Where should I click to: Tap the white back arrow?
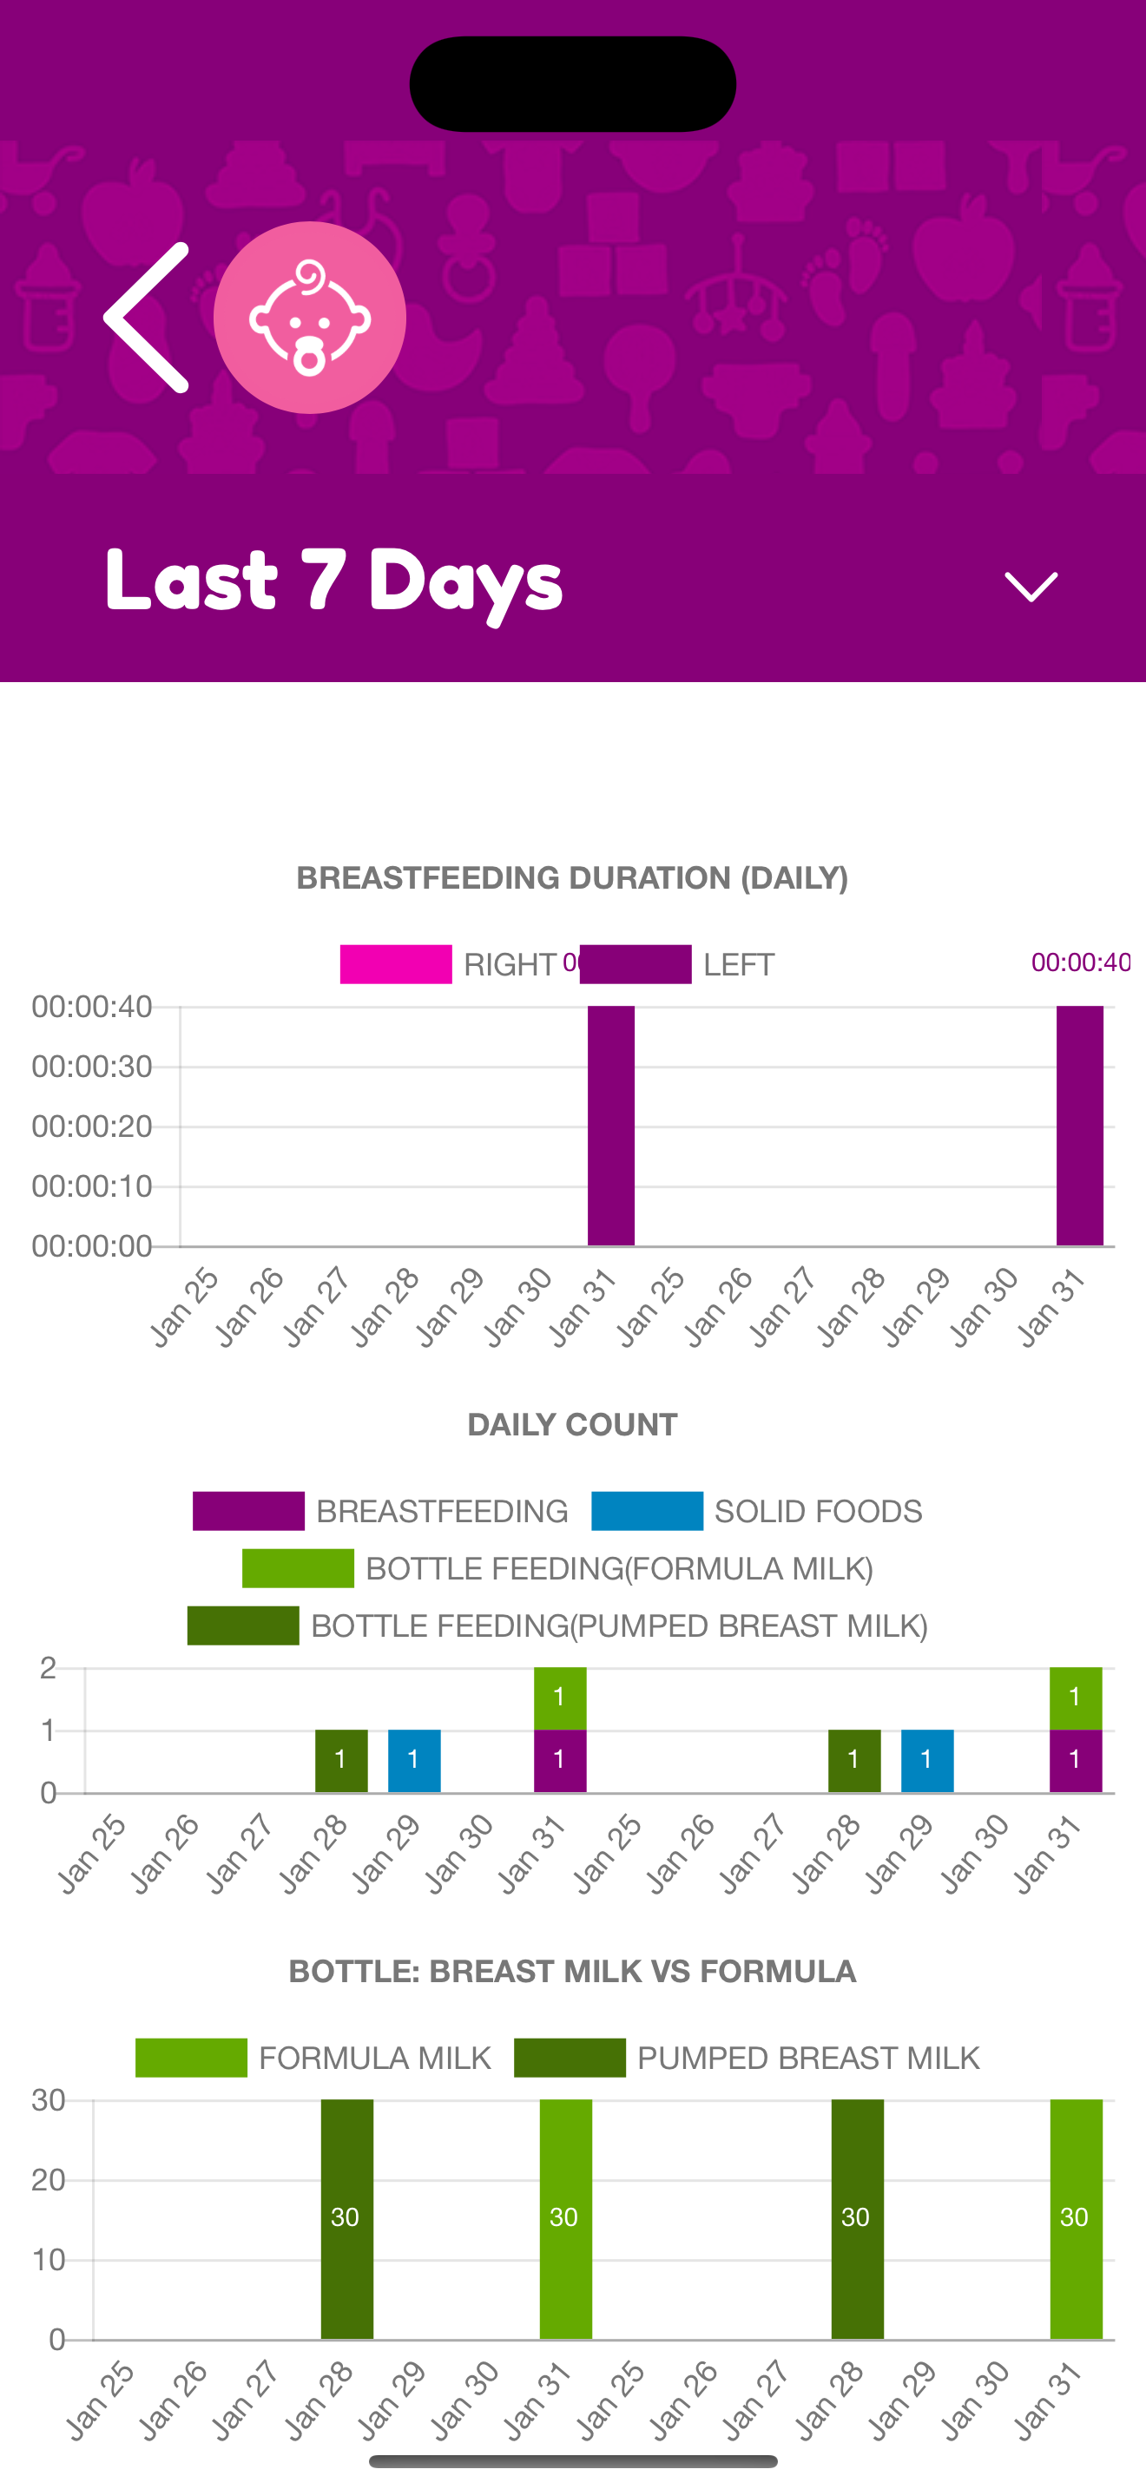tap(145, 317)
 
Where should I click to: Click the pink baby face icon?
tap(309, 317)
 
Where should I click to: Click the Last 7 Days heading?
tap(333, 581)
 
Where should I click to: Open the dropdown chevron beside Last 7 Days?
tap(1031, 587)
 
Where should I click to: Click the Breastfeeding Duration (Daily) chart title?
tap(572, 877)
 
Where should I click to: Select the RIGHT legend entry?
tap(448, 964)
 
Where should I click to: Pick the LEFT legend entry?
tap(677, 964)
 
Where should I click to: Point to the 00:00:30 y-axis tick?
tap(92, 1067)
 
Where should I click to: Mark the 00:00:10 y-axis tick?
tap(92, 1186)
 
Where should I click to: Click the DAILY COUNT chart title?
tap(572, 1424)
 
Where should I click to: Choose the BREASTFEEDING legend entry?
tap(379, 1511)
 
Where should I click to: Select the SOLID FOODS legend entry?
tap(756, 1511)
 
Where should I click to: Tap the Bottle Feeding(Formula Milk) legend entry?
tap(557, 1568)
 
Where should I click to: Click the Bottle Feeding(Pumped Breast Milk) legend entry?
tap(557, 1625)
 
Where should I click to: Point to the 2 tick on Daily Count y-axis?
tap(48, 1668)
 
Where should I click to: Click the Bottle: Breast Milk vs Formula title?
tap(572, 1971)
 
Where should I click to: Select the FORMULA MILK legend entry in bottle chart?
tap(313, 2058)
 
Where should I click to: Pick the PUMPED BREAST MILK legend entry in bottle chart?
tap(747, 2058)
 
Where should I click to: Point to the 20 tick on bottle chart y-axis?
tap(49, 2180)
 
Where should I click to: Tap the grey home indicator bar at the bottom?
tap(573, 2461)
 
